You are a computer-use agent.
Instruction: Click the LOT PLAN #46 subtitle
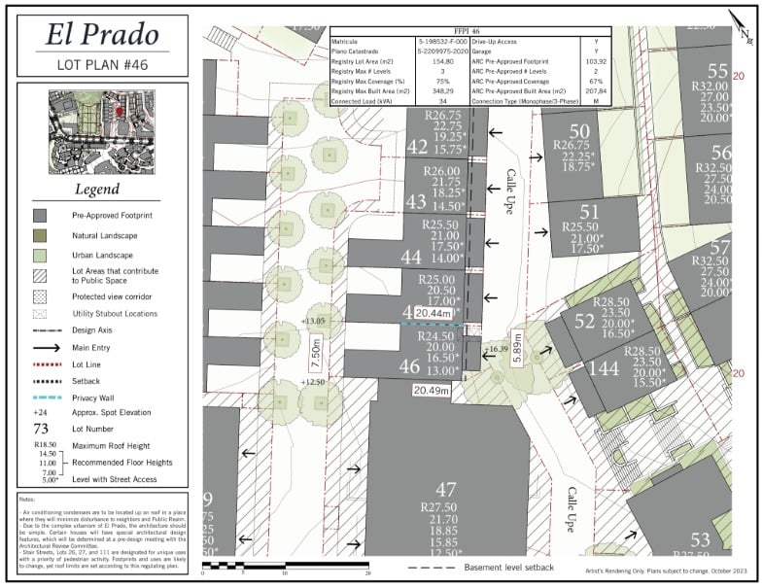tap(103, 66)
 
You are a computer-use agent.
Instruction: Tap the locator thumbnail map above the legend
tap(103, 133)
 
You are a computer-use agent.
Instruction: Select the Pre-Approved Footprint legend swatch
tap(41, 214)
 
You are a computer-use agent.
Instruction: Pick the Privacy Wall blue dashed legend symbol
tap(41, 398)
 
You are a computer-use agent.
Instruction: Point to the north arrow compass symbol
tap(742, 29)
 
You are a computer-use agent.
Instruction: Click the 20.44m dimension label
tap(433, 314)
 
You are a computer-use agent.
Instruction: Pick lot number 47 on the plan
tap(446, 490)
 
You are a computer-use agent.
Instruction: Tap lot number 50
tap(579, 132)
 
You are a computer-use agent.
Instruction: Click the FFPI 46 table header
tap(469, 32)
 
